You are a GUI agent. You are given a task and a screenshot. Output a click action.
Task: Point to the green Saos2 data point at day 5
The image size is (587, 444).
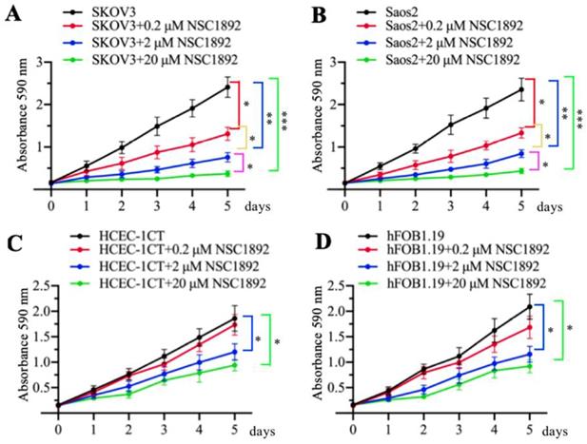521,170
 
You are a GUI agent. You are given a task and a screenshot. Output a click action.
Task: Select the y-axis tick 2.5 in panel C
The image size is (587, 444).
31,284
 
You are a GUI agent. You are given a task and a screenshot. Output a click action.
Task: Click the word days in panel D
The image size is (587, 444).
560,425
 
